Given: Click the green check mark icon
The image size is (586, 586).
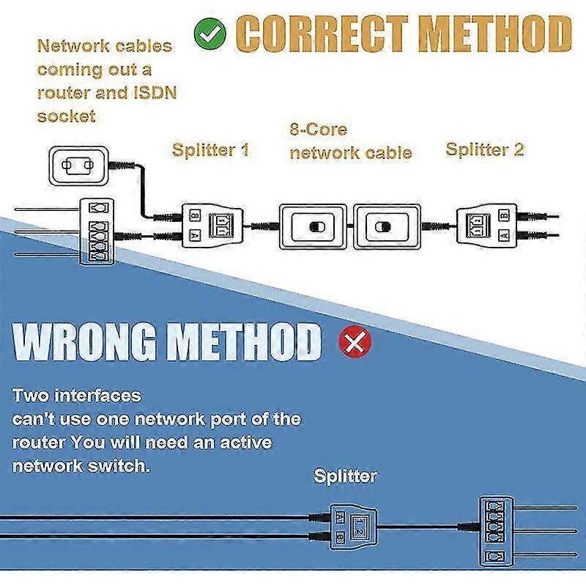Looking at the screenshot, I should tap(210, 32).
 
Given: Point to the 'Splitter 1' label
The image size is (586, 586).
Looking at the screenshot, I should tap(210, 150).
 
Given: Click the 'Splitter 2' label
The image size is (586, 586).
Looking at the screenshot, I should tap(485, 149).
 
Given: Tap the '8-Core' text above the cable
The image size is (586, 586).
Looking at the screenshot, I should tap(319, 130).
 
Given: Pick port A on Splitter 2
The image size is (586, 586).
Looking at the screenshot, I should tap(504, 235).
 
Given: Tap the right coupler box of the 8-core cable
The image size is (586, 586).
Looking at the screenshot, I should tap(387, 226).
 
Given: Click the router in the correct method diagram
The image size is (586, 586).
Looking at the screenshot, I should tap(97, 231).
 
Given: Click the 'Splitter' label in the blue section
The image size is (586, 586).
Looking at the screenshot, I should tap(345, 476).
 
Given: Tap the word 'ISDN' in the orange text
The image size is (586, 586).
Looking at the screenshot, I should tap(152, 93).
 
